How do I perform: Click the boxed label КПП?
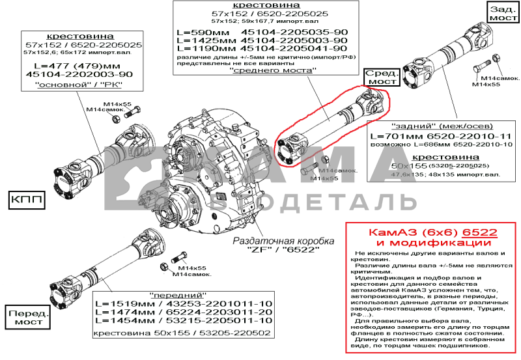(x=27, y=200)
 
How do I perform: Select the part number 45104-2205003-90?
(x=293, y=40)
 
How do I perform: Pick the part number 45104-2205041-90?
(x=293, y=48)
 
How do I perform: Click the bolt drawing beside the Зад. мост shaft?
(x=481, y=67)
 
